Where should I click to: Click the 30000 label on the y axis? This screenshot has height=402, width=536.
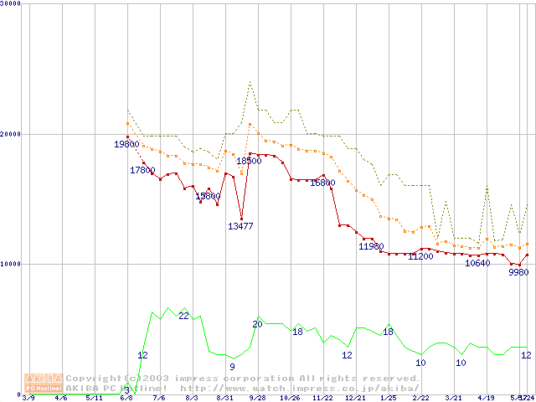(x=11, y=3)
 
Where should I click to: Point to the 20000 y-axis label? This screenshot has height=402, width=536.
(x=11, y=134)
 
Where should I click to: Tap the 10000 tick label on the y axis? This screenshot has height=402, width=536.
(x=11, y=264)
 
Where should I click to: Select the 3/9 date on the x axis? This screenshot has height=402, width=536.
(x=28, y=399)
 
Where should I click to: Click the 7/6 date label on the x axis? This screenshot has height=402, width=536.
(x=159, y=399)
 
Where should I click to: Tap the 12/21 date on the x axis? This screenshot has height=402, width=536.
(x=355, y=399)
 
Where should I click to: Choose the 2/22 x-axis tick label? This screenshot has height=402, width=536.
(x=420, y=399)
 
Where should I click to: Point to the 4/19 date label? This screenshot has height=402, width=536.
(x=486, y=399)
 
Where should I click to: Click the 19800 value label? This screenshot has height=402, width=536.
(x=126, y=144)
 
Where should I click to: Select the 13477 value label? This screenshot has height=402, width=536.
(x=240, y=226)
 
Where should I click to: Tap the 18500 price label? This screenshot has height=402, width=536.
(x=249, y=161)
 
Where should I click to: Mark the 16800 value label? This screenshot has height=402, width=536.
(x=322, y=183)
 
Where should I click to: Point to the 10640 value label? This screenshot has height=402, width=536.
(x=477, y=263)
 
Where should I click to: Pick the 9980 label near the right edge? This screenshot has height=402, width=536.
(x=518, y=273)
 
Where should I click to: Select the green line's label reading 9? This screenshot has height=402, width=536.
(x=232, y=366)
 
